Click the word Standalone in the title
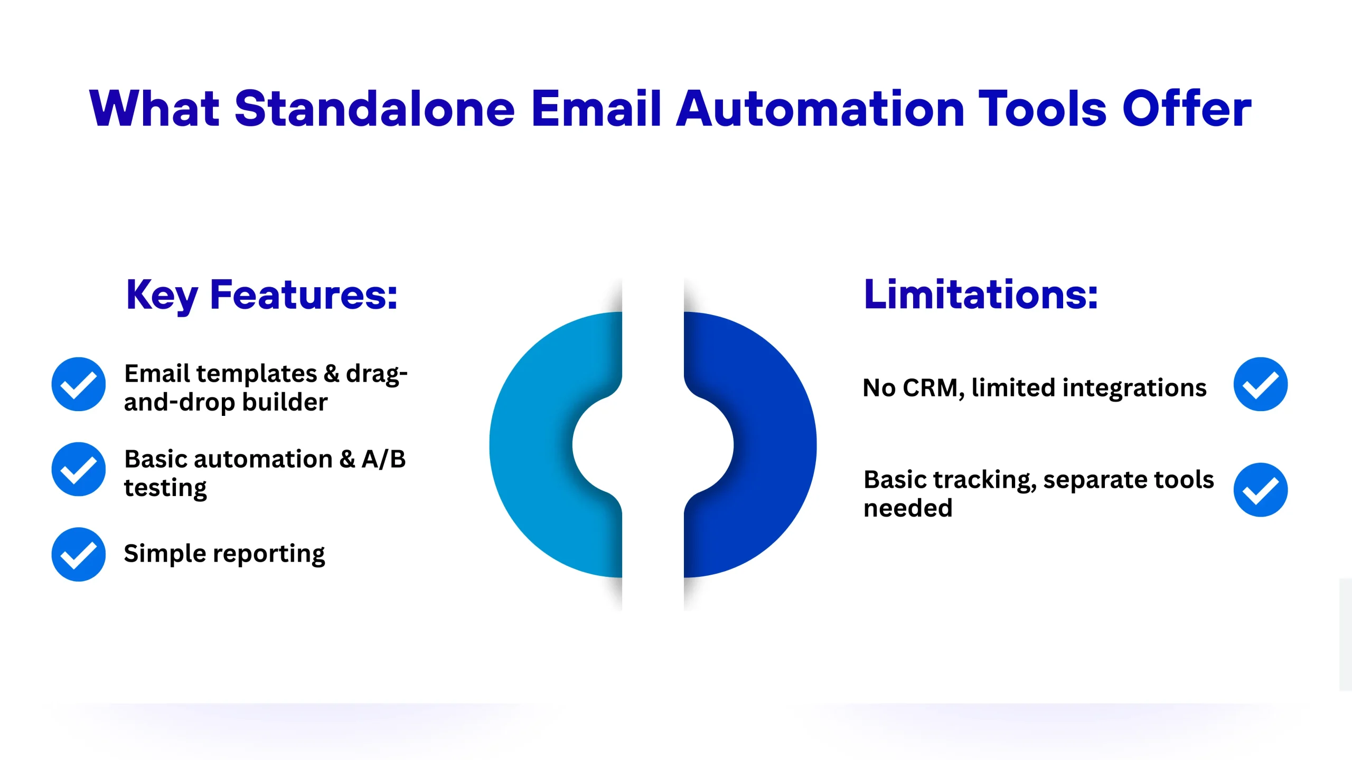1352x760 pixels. point(374,108)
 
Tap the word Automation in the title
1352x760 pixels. point(820,108)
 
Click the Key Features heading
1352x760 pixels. point(261,296)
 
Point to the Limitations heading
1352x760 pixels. point(981,294)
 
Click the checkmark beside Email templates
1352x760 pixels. point(79,384)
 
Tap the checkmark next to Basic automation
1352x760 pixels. point(79,469)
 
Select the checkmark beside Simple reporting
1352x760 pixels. point(79,554)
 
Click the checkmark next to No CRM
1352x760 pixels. point(1261,384)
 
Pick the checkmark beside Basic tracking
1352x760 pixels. point(1261,490)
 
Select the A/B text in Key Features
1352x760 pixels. point(384,459)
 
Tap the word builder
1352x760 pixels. point(285,402)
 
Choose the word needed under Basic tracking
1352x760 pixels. point(908,508)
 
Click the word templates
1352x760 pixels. point(257,374)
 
